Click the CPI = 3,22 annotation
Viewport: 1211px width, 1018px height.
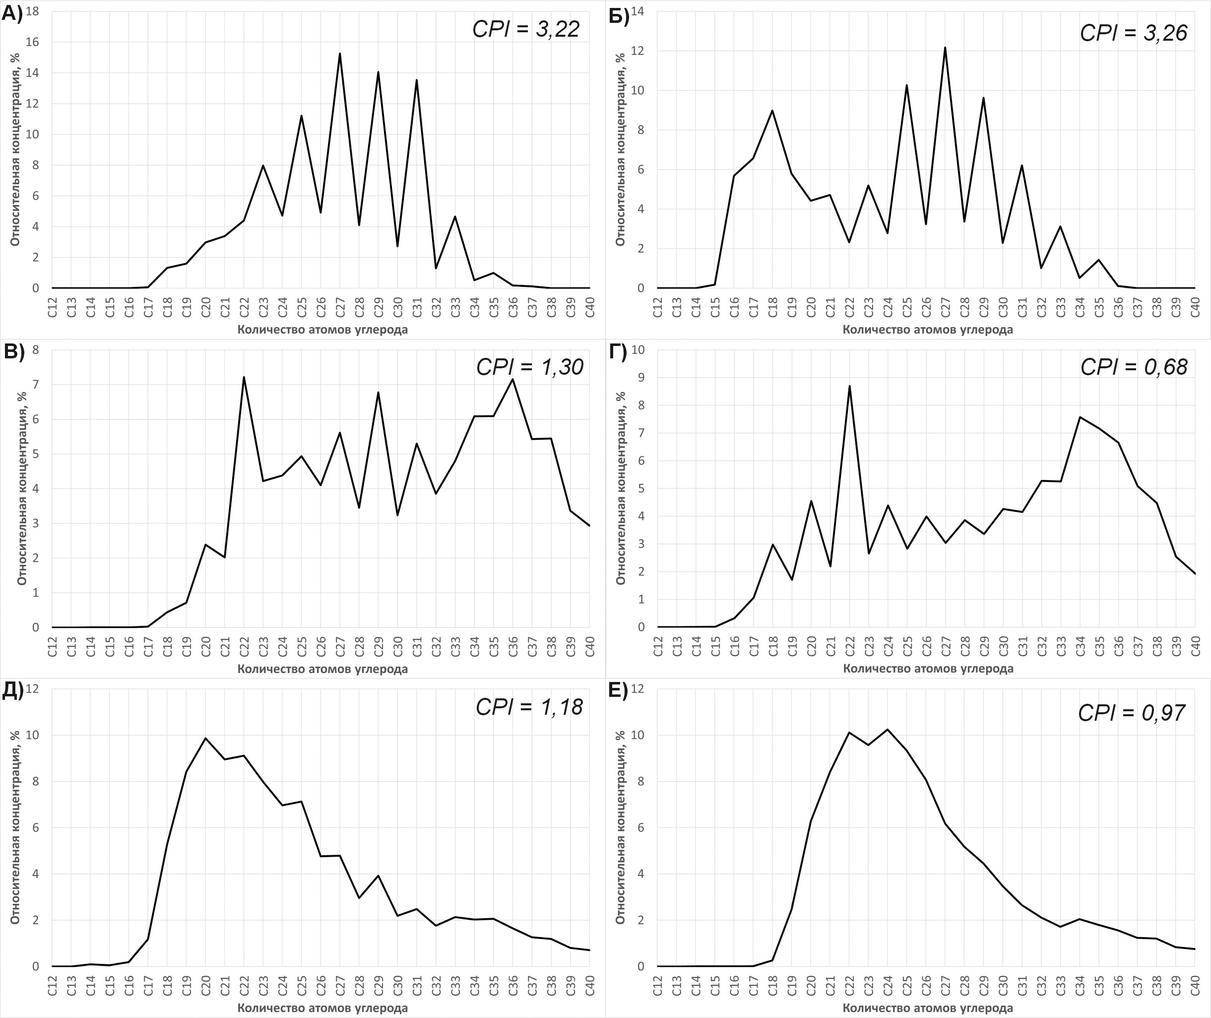pyautogui.click(x=525, y=29)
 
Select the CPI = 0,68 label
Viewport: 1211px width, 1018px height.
pyautogui.click(x=1134, y=367)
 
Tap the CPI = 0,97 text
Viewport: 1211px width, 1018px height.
pyautogui.click(x=1132, y=713)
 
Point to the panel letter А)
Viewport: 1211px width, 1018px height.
pyautogui.click(x=12, y=13)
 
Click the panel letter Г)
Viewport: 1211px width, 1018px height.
pyautogui.click(x=618, y=351)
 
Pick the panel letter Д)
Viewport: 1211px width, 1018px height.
pyautogui.click(x=13, y=690)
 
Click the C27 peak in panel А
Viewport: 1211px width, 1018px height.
pyautogui.click(x=340, y=54)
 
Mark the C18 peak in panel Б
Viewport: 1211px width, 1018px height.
pyautogui.click(x=772, y=110)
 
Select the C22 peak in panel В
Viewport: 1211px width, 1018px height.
pyautogui.click(x=244, y=377)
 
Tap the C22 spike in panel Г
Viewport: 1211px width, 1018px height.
pyautogui.click(x=849, y=386)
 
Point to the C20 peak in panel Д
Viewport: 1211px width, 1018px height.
pyautogui.click(x=205, y=738)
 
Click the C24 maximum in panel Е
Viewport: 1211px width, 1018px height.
pyautogui.click(x=888, y=730)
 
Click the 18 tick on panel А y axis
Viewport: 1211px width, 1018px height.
pyautogui.click(x=32, y=11)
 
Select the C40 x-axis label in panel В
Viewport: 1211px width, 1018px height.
pyautogui.click(x=589, y=645)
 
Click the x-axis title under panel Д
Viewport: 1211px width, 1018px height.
pyautogui.click(x=322, y=1008)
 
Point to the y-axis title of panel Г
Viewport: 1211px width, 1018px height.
pyautogui.click(x=621, y=488)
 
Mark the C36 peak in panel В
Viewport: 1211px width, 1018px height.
pyautogui.click(x=512, y=379)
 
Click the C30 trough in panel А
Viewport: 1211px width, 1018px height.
pyautogui.click(x=397, y=246)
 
